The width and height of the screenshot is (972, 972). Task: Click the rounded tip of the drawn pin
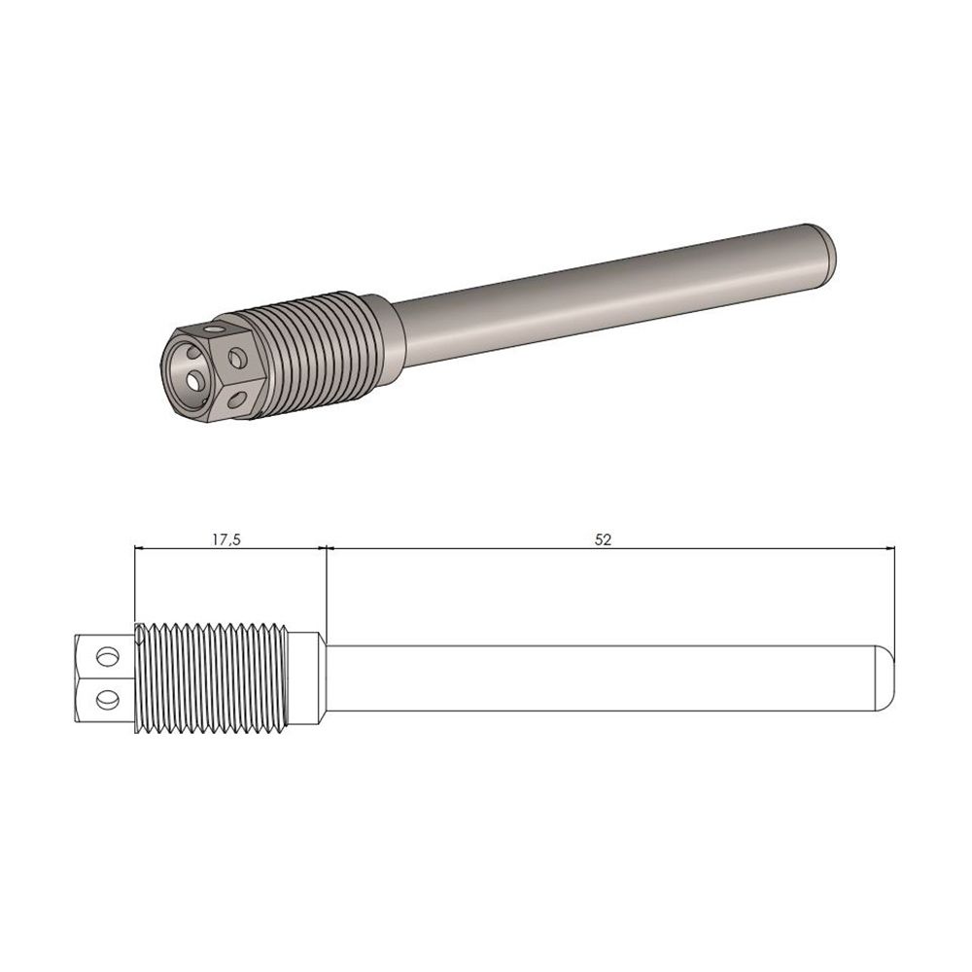point(885,676)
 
